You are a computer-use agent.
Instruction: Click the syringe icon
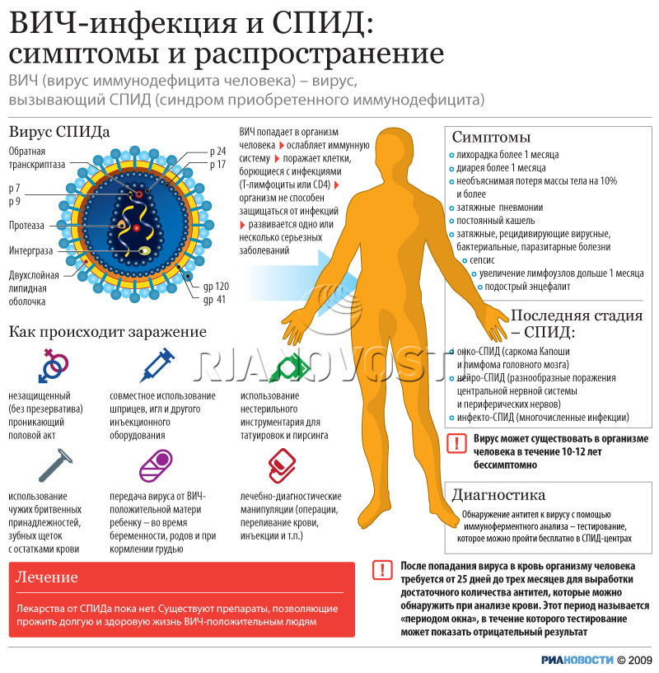click(x=157, y=365)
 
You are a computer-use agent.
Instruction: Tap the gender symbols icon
click(x=53, y=365)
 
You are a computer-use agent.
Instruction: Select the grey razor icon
click(x=55, y=465)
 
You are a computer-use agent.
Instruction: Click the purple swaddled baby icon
click(x=156, y=465)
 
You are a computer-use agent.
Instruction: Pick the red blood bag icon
click(x=282, y=465)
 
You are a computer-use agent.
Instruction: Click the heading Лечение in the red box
click(x=47, y=577)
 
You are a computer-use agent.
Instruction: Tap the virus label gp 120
click(x=216, y=287)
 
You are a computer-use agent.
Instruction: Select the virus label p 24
click(x=217, y=151)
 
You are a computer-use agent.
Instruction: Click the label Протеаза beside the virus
click(x=26, y=226)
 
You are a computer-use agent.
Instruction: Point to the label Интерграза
click(x=31, y=250)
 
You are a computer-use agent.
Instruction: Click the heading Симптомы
click(x=491, y=137)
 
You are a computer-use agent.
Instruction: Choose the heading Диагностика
click(x=498, y=495)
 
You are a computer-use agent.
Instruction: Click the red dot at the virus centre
click(x=136, y=228)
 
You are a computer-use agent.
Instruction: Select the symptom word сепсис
click(x=482, y=260)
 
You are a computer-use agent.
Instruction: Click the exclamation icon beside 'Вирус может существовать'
click(x=457, y=443)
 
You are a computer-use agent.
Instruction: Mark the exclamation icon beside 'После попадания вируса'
click(x=382, y=570)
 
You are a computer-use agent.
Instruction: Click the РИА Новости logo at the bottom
click(x=577, y=660)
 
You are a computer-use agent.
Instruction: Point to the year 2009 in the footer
click(x=643, y=660)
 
